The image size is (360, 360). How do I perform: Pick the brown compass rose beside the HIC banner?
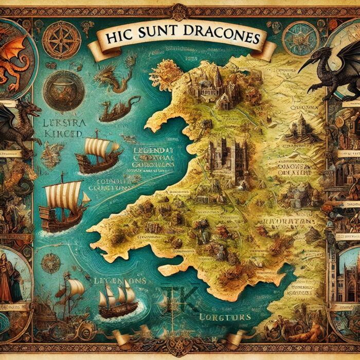[61, 40]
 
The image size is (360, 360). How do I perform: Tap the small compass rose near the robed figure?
[50, 263]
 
